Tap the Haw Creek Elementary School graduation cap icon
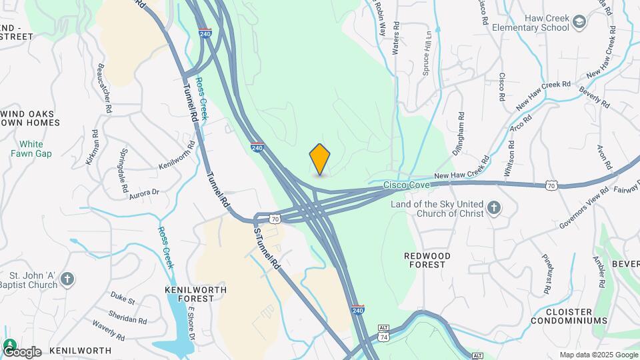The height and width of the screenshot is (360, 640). (579, 22)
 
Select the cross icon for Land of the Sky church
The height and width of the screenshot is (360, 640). (493, 209)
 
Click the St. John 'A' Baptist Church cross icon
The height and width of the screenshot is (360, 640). (67, 279)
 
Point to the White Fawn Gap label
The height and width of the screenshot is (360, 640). (31, 149)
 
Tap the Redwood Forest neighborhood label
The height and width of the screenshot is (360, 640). (427, 260)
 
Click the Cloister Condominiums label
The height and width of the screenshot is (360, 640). (569, 316)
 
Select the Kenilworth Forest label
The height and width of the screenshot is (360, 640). (195, 294)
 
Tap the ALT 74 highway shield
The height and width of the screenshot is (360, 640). (383, 333)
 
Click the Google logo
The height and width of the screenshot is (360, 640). (22, 351)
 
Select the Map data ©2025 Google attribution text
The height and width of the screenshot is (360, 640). (599, 355)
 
